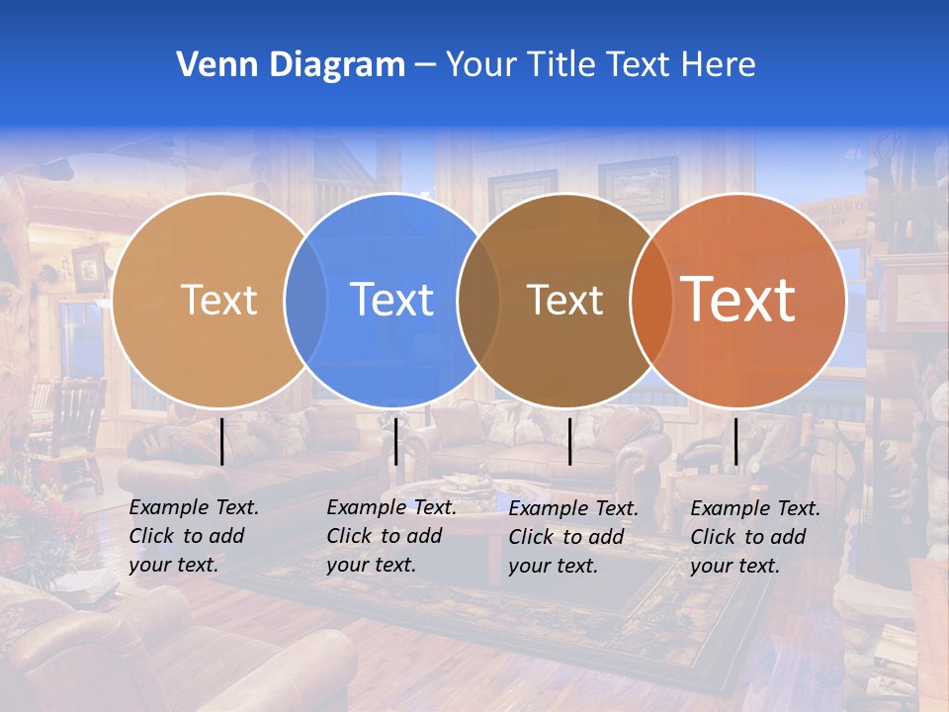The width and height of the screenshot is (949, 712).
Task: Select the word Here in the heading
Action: click(719, 65)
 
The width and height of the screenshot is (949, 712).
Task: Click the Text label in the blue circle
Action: click(391, 300)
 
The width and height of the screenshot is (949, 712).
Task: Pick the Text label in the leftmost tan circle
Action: click(218, 300)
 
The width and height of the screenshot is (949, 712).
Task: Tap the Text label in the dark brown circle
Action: click(564, 300)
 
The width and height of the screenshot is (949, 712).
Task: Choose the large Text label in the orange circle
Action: click(738, 300)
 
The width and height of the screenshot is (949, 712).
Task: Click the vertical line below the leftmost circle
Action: click(221, 441)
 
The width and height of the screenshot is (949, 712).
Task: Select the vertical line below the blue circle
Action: click(395, 441)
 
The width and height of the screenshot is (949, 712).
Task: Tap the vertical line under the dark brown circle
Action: click(569, 441)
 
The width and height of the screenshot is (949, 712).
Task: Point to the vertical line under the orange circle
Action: click(735, 441)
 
